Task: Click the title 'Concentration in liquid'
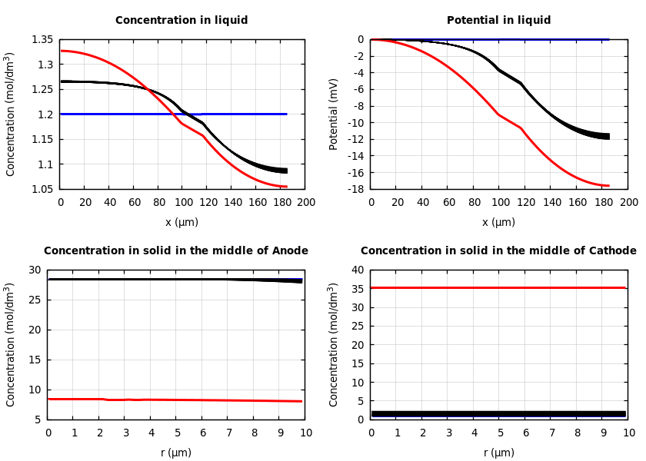click(x=181, y=21)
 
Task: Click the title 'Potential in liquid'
click(x=498, y=21)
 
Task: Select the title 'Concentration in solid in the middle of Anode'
click(x=175, y=251)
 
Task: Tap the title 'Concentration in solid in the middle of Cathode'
click(x=498, y=251)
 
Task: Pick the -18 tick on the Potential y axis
click(x=355, y=189)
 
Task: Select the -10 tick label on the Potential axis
click(x=355, y=123)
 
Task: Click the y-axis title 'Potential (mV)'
click(x=334, y=114)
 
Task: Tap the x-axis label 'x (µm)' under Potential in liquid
click(x=498, y=223)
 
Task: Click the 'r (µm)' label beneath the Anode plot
click(x=175, y=453)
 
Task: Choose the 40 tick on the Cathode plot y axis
click(x=356, y=270)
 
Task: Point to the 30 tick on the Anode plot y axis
click(x=34, y=270)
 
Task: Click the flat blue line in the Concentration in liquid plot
click(x=231, y=114)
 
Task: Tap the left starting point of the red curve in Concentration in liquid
click(x=62, y=51)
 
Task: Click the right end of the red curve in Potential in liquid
click(x=608, y=185)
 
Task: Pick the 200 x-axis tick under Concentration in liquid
click(x=305, y=202)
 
